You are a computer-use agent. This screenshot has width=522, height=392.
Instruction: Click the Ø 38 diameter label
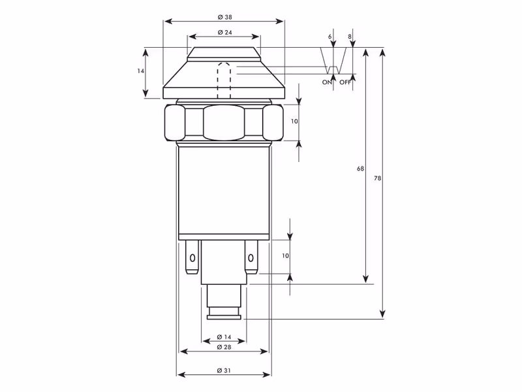click(224, 17)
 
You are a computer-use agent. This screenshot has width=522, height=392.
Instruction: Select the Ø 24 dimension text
click(224, 32)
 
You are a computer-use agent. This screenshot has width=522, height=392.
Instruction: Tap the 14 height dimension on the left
click(140, 71)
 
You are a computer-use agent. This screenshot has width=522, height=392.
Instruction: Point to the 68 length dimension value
click(360, 169)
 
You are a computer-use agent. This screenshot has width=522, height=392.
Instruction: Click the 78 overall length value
click(377, 178)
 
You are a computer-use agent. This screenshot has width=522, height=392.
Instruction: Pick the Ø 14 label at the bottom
click(224, 337)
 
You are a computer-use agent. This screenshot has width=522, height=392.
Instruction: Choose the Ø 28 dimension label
click(224, 347)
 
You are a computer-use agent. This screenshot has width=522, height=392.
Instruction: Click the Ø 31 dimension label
click(224, 370)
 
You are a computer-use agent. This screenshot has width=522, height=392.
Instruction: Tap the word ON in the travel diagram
click(327, 82)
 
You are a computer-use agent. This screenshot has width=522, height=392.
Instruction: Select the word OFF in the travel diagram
click(345, 82)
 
